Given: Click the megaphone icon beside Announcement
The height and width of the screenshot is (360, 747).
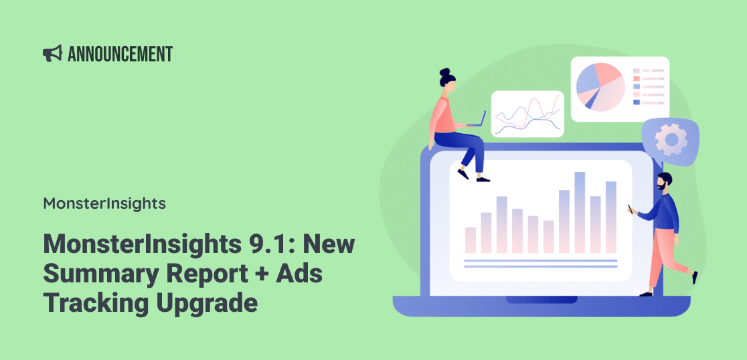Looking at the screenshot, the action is tap(52, 54).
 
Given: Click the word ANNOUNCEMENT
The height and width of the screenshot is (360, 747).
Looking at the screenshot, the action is tap(120, 54).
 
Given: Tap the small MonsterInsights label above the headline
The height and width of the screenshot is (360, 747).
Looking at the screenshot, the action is tap(104, 204).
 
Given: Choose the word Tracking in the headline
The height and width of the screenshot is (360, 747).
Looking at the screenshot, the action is tap(95, 304).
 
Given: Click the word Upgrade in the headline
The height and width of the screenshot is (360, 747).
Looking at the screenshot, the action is tap(205, 304).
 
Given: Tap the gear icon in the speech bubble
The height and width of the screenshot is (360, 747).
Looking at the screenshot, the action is tap(671, 139).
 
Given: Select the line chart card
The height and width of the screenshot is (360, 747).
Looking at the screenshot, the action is tap(527, 113).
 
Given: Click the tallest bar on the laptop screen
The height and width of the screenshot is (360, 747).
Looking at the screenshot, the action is tap(580, 212).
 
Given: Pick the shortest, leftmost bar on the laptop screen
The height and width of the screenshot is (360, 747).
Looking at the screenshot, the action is tap(470, 240).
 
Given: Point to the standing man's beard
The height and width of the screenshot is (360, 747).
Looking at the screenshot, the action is tap(662, 186).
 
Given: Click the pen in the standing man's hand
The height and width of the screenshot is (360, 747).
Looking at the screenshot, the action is tap(631, 209).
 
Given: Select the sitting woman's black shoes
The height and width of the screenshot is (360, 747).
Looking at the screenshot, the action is tap(473, 176).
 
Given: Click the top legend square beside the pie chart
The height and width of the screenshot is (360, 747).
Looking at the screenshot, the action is tap(637, 70).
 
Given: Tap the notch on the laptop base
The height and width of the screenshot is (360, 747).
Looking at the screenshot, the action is tap(541, 300).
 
